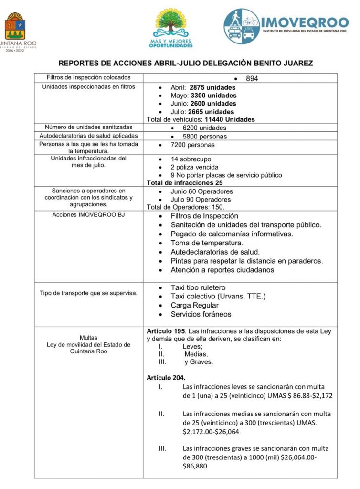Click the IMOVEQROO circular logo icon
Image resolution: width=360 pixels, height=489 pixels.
242,27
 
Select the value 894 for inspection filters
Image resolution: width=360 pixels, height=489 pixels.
252,78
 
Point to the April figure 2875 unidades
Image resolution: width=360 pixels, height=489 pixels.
212,88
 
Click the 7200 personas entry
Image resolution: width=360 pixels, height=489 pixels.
193,145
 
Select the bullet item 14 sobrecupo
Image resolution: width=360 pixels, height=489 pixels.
191,159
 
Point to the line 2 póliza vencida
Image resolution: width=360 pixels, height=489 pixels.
194,167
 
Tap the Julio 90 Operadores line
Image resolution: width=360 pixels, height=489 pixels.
201,200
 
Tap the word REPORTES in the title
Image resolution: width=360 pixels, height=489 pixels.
77,63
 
